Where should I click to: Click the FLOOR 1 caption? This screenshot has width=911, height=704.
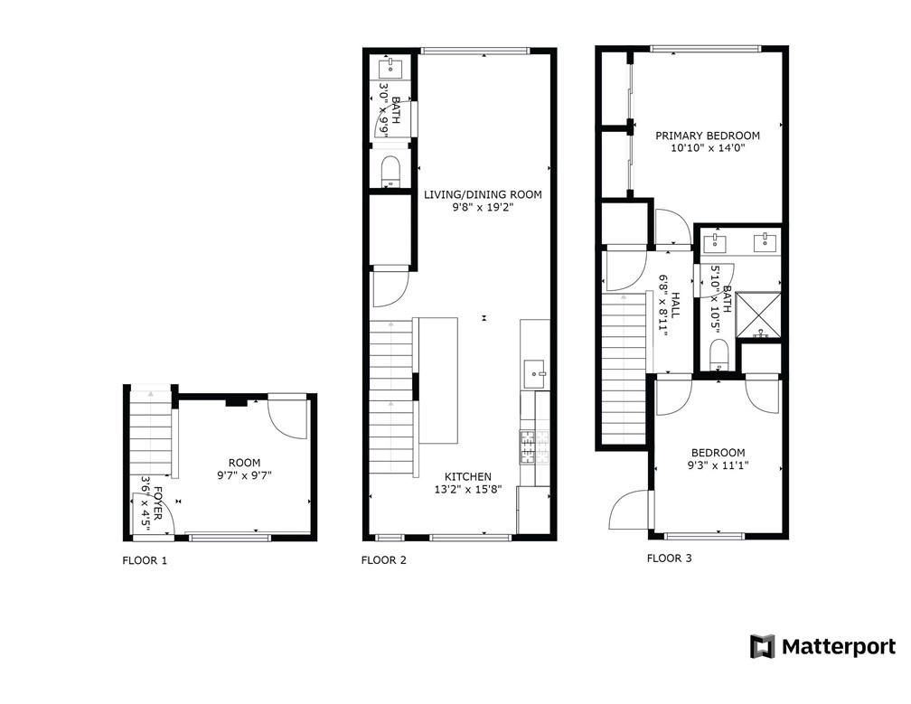[x=145, y=560]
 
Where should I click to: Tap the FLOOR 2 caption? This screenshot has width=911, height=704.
[x=384, y=560]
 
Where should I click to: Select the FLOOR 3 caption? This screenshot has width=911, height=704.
[x=670, y=559]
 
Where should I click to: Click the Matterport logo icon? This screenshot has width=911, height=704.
[x=763, y=646]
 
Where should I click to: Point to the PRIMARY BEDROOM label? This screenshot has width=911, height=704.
[x=708, y=136]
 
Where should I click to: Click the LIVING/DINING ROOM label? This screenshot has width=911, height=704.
[x=483, y=194]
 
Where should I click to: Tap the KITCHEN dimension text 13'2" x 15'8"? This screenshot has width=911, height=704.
[x=468, y=489]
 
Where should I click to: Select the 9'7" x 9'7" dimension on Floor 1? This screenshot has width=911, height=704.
[x=245, y=475]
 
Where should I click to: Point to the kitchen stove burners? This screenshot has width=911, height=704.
[x=534, y=446]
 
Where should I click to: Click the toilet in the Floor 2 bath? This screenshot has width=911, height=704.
[x=390, y=172]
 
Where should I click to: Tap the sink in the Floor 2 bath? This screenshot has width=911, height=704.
[x=390, y=68]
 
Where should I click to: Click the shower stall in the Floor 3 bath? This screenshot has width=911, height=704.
[x=758, y=314]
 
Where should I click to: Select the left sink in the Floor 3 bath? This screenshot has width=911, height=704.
[x=713, y=242]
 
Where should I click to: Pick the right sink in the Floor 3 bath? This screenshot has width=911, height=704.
[x=765, y=242]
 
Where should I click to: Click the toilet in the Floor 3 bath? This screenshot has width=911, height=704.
[x=719, y=355]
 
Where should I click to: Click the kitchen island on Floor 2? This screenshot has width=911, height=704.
[x=437, y=380]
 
